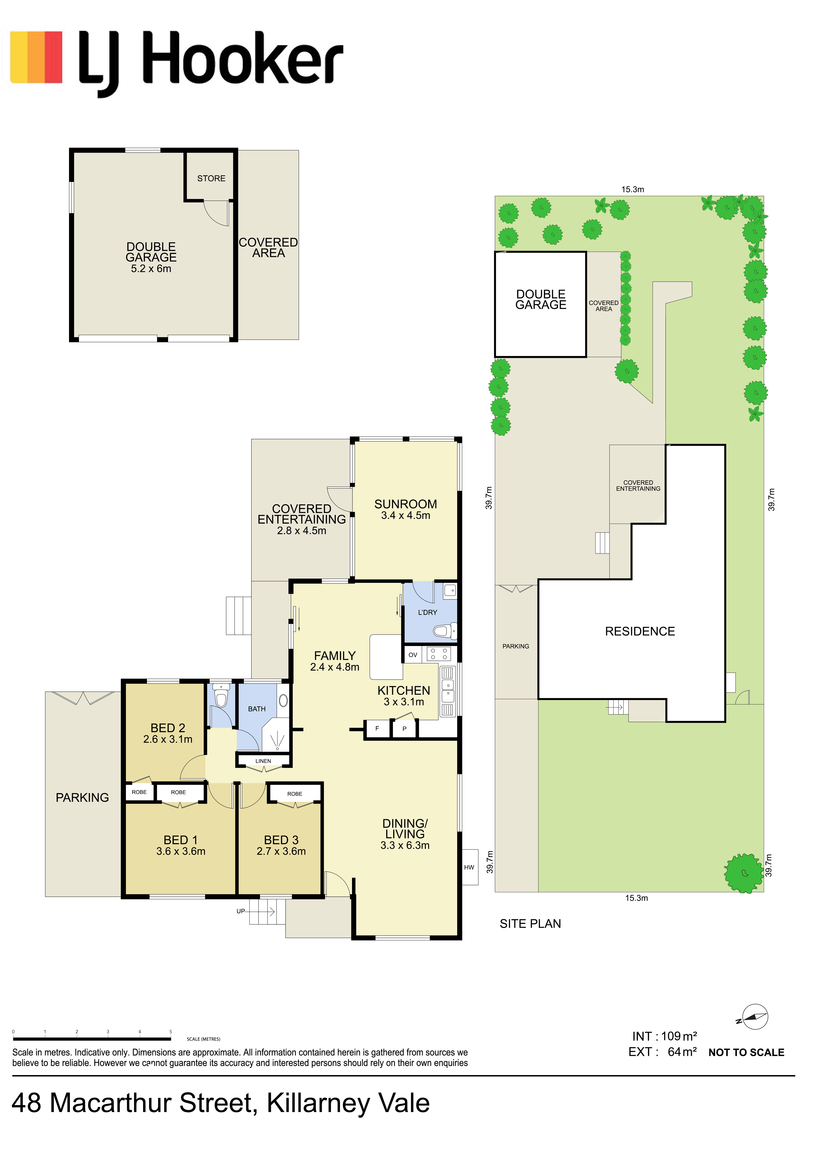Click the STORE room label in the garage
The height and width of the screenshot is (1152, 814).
pos(211,179)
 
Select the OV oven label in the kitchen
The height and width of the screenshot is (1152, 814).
pos(413,655)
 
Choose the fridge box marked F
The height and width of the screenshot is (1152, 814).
pos(377,728)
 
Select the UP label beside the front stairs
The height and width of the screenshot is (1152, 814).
pos(241,911)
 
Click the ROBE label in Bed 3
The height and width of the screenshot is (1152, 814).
pos(295,794)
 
